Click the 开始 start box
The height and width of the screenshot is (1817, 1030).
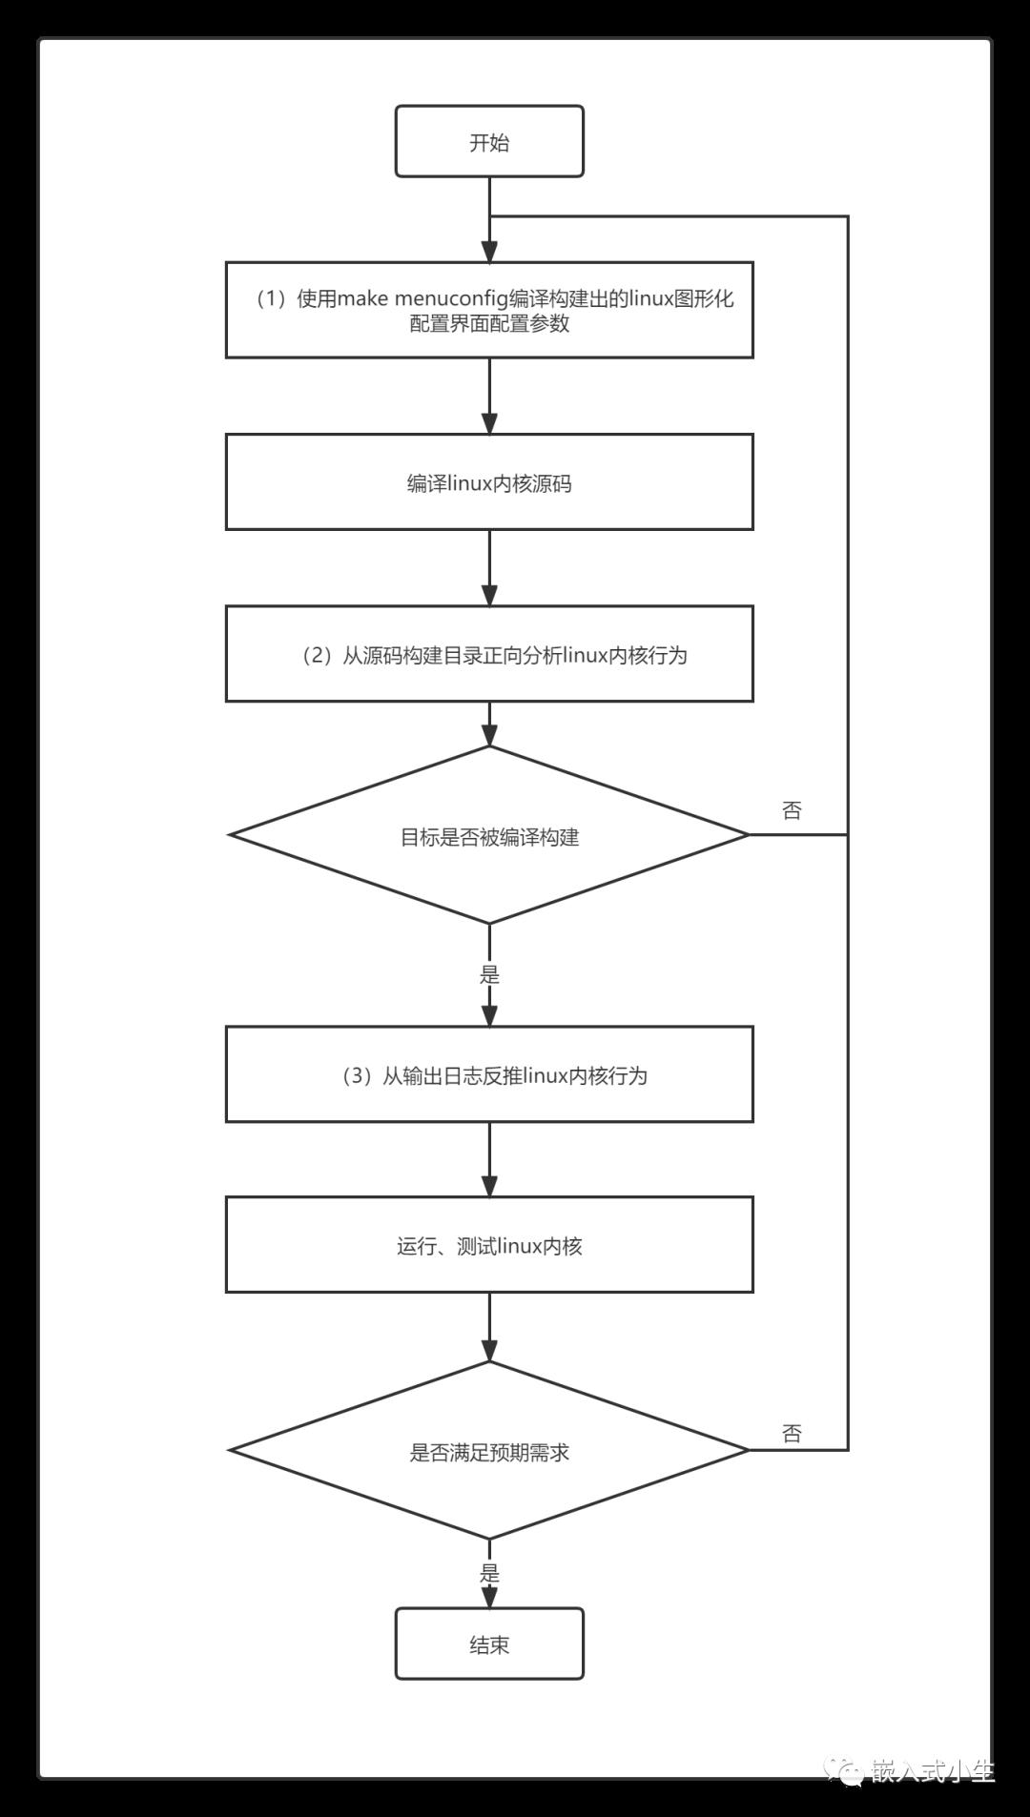click(489, 141)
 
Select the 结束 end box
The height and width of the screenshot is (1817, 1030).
click(489, 1643)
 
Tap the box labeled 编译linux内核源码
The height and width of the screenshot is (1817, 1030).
click(489, 482)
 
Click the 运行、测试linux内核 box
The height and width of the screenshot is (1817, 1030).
click(489, 1245)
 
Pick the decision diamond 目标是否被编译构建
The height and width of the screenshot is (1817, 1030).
click(489, 835)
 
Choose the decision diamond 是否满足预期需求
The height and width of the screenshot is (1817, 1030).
click(489, 1450)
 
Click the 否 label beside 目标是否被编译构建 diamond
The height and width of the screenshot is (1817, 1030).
click(792, 810)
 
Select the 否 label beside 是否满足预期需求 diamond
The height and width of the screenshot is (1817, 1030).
click(792, 1433)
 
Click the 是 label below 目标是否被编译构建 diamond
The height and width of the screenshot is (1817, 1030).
click(489, 974)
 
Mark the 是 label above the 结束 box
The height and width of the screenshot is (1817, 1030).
click(489, 1573)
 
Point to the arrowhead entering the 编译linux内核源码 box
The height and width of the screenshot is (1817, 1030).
click(489, 423)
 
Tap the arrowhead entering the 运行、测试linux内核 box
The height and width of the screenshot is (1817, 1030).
click(489, 1186)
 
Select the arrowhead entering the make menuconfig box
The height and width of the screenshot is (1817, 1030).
click(489, 252)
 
